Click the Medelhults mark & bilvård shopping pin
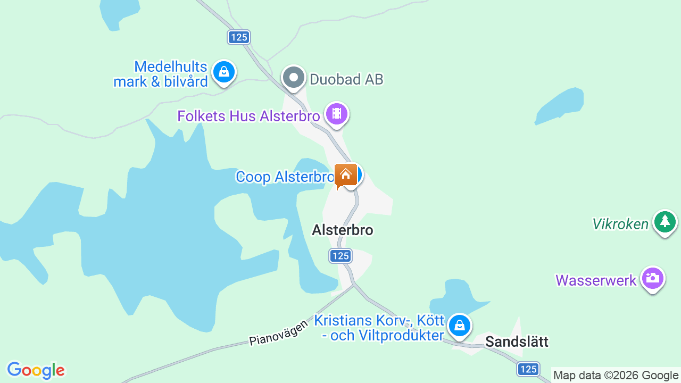click(224, 72)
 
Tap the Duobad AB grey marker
click(293, 78)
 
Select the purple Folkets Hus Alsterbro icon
click(337, 113)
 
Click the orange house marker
click(346, 174)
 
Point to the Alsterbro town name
click(343, 230)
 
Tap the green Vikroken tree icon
click(665, 221)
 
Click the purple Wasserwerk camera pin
click(652, 278)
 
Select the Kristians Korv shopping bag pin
click(459, 324)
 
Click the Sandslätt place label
click(517, 342)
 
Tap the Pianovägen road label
click(278, 332)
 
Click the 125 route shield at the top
click(239, 37)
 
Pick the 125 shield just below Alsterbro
click(340, 256)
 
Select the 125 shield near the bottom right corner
click(528, 369)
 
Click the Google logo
click(36, 370)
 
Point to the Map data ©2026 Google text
click(616, 376)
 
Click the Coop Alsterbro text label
click(285, 177)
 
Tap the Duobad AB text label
click(346, 80)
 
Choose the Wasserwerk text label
click(596, 280)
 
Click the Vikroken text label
click(620, 224)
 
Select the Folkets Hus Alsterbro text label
click(248, 116)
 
